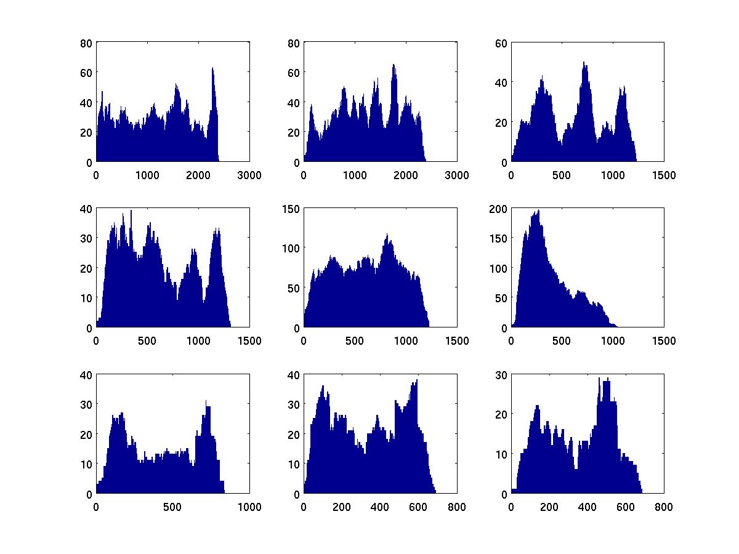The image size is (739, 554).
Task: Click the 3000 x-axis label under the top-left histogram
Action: tap(249, 175)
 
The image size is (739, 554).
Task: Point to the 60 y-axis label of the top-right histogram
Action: tap(501, 43)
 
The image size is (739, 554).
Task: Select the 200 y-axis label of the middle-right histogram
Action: tap(498, 209)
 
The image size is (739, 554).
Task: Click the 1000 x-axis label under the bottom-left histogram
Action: tap(249, 507)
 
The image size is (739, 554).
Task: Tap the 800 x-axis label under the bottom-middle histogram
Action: tap(456, 507)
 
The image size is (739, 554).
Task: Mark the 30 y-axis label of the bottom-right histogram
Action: tap(501, 374)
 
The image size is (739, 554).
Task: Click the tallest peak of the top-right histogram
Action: tap(583, 63)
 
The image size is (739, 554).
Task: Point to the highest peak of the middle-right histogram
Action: tap(538, 211)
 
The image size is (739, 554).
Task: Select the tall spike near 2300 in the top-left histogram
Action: tap(212, 68)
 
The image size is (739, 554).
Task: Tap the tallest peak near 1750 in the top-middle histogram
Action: tap(393, 65)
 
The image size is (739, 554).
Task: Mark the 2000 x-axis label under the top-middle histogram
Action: tap(406, 175)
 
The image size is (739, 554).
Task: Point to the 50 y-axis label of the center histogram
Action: tap(293, 288)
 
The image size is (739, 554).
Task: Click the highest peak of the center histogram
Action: tap(387, 235)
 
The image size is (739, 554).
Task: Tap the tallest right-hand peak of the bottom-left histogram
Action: tap(207, 402)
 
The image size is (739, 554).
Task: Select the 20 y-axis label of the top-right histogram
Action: tap(501, 122)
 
